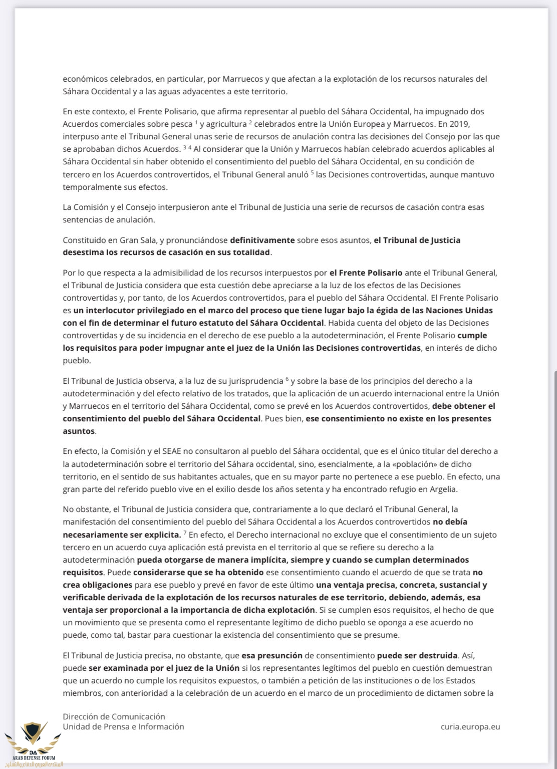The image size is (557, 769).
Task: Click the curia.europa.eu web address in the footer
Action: point(470,726)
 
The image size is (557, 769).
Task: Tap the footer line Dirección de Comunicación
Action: point(114,716)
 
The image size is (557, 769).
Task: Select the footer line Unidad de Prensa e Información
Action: point(123,726)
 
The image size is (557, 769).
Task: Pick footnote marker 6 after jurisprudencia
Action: point(287,379)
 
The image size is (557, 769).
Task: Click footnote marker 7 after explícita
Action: point(185,533)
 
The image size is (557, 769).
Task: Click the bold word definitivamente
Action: point(262,240)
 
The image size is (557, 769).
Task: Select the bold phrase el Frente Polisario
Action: point(366,273)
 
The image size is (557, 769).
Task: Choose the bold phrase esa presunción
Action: point(272,655)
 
